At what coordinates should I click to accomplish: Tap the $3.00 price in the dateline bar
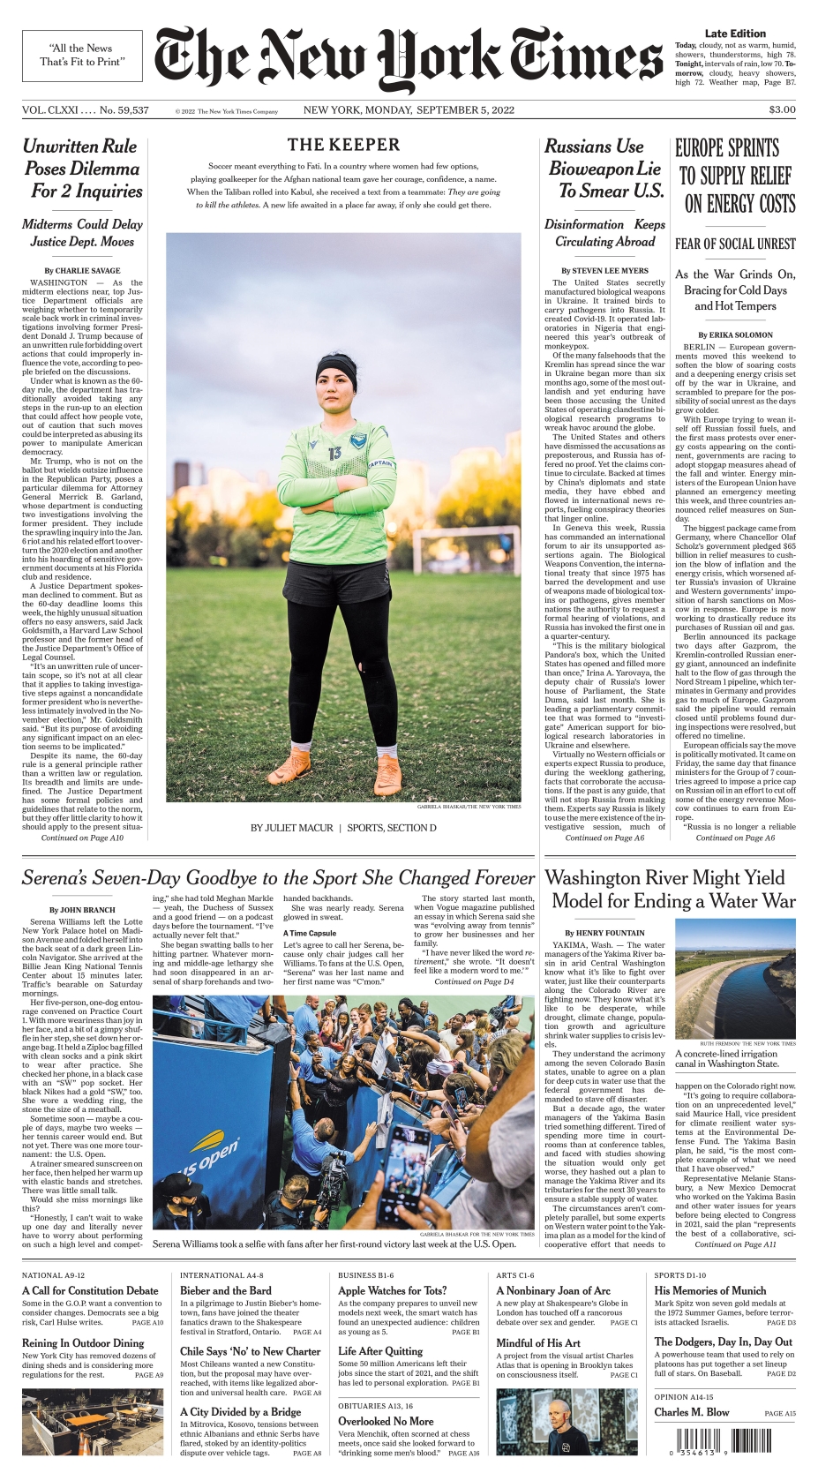(x=782, y=110)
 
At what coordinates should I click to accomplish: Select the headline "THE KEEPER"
(x=343, y=145)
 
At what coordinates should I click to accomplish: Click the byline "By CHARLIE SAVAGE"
(x=82, y=271)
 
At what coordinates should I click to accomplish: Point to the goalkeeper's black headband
(x=335, y=364)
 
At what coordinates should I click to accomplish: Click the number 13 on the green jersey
(x=334, y=453)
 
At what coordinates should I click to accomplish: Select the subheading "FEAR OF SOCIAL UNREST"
(x=735, y=244)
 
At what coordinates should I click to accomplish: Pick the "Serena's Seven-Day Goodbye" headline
(x=278, y=878)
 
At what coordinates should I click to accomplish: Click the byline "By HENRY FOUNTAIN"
(x=604, y=933)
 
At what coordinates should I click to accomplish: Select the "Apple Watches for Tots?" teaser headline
(x=393, y=1290)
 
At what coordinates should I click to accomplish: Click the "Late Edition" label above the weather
(x=735, y=34)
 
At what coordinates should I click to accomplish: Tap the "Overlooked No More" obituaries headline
(x=386, y=1421)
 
